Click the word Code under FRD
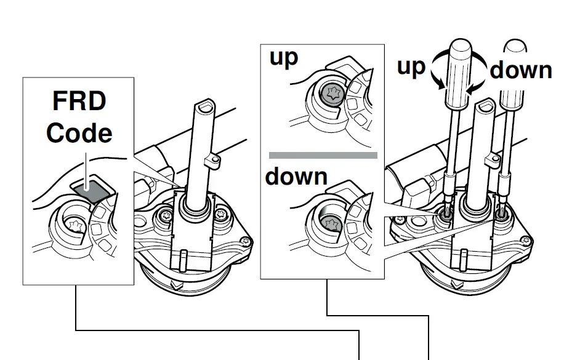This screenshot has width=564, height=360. tap(79, 133)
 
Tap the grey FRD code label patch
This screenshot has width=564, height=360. tap(91, 190)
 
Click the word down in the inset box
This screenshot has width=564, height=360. tap(296, 177)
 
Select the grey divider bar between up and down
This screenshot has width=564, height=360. tap(323, 155)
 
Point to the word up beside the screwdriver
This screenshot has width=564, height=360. tap(411, 66)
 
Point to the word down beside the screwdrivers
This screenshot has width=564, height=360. tap(521, 70)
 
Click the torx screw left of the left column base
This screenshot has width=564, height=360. tap(166, 217)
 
